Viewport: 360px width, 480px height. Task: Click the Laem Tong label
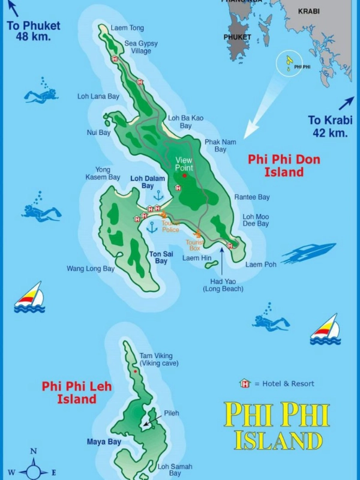[127, 28]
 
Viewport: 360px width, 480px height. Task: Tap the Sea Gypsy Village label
[138, 47]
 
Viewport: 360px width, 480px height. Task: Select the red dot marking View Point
[184, 175]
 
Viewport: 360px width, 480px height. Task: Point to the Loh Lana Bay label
[98, 96]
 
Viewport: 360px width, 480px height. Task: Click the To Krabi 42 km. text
[328, 127]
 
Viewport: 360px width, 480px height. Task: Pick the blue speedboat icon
[308, 253]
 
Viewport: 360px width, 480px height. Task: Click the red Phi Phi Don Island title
[284, 166]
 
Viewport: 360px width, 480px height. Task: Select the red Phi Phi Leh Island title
[77, 392]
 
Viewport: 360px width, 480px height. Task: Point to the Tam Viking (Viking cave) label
[155, 359]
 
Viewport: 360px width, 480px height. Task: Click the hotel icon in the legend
[245, 383]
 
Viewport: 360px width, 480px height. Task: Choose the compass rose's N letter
[34, 451]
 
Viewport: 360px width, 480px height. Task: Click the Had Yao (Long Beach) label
[223, 285]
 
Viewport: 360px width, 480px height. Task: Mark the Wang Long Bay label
[91, 269]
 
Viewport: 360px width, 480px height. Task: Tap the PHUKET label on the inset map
[237, 37]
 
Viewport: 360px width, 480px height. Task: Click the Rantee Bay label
[252, 197]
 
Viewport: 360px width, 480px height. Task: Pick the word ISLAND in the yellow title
[278, 440]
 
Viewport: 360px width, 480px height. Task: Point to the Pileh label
[171, 413]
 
